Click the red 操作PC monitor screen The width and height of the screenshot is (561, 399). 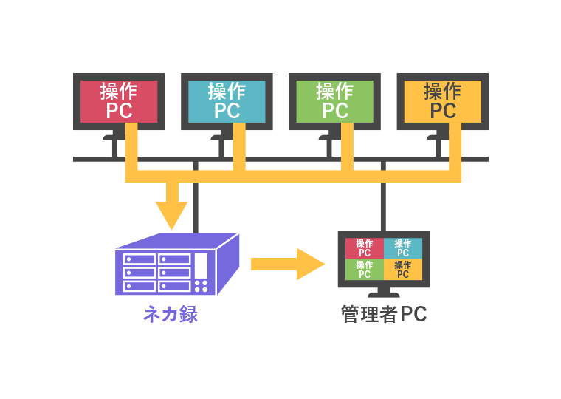click(x=119, y=100)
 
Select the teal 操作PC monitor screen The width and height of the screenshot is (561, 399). click(x=227, y=100)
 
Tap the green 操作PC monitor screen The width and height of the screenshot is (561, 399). click(x=334, y=100)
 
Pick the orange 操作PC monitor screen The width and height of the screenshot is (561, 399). click(x=443, y=100)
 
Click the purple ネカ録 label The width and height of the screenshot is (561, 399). click(x=171, y=315)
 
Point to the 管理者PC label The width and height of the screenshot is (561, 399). click(x=384, y=315)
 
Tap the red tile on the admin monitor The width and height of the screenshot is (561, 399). click(x=364, y=248)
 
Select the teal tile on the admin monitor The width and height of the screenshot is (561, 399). click(x=403, y=248)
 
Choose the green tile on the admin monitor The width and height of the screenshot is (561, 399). click(x=364, y=269)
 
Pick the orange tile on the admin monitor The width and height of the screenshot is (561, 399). click(x=403, y=269)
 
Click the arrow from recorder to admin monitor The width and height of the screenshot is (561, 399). click(x=288, y=264)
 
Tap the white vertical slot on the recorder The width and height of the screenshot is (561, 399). click(x=202, y=266)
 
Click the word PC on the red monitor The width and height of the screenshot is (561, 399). click(x=119, y=111)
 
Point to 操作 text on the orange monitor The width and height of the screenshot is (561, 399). click(x=443, y=91)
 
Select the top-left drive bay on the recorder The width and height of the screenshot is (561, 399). click(x=140, y=259)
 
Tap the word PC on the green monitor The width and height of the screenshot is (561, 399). click(x=334, y=111)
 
